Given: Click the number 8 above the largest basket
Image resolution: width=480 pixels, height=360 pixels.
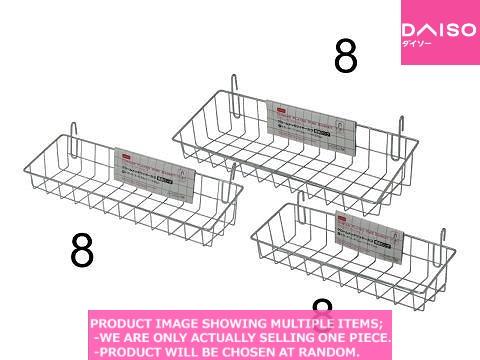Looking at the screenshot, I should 346,58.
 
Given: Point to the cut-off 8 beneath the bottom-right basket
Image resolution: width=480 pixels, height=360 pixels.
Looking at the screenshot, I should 321,306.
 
